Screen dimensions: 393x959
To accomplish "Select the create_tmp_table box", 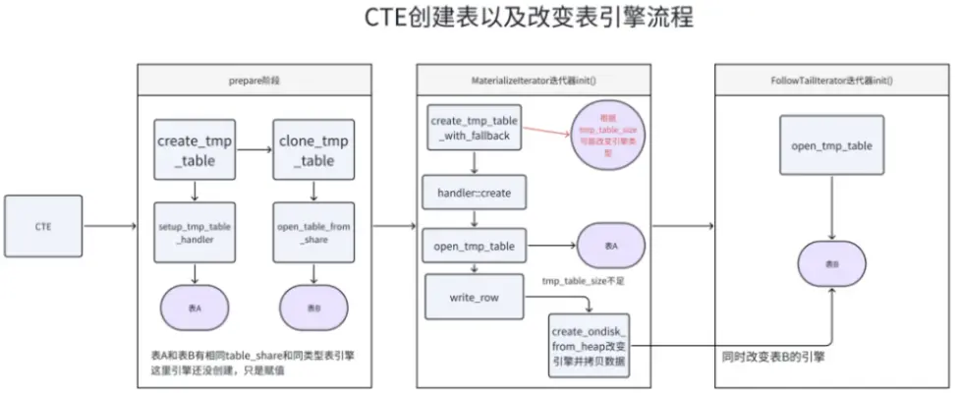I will click(196, 149).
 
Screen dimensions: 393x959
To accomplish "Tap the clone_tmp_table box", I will click(310, 149).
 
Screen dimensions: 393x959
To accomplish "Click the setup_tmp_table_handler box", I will click(195, 233).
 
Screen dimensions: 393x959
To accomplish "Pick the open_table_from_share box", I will click(310, 233).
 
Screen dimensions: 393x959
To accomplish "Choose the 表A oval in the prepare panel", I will click(195, 308).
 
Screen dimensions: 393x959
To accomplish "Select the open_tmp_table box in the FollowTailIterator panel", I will click(830, 145).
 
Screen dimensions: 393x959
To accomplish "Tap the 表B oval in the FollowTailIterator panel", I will click(831, 264).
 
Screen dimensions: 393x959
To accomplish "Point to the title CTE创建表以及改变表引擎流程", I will click(479, 19).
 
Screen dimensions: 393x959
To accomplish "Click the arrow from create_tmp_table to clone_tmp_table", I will click(254, 149).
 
